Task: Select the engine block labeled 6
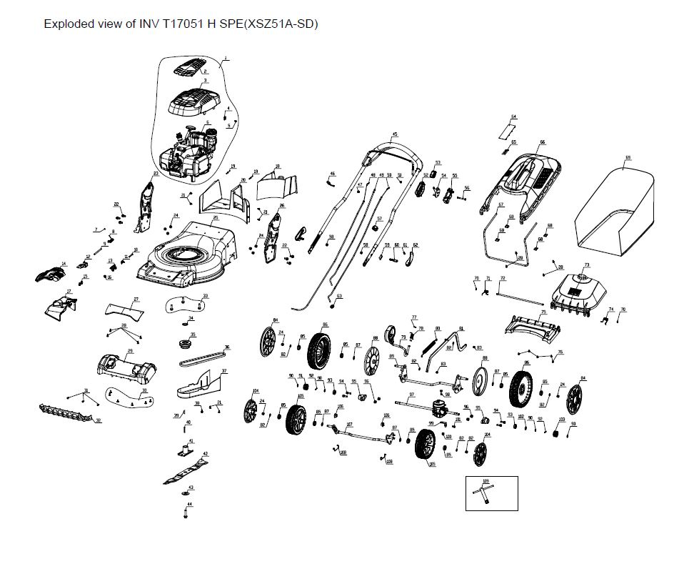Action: (186, 152)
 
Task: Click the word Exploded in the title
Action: (68, 24)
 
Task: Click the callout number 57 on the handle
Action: (379, 218)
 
